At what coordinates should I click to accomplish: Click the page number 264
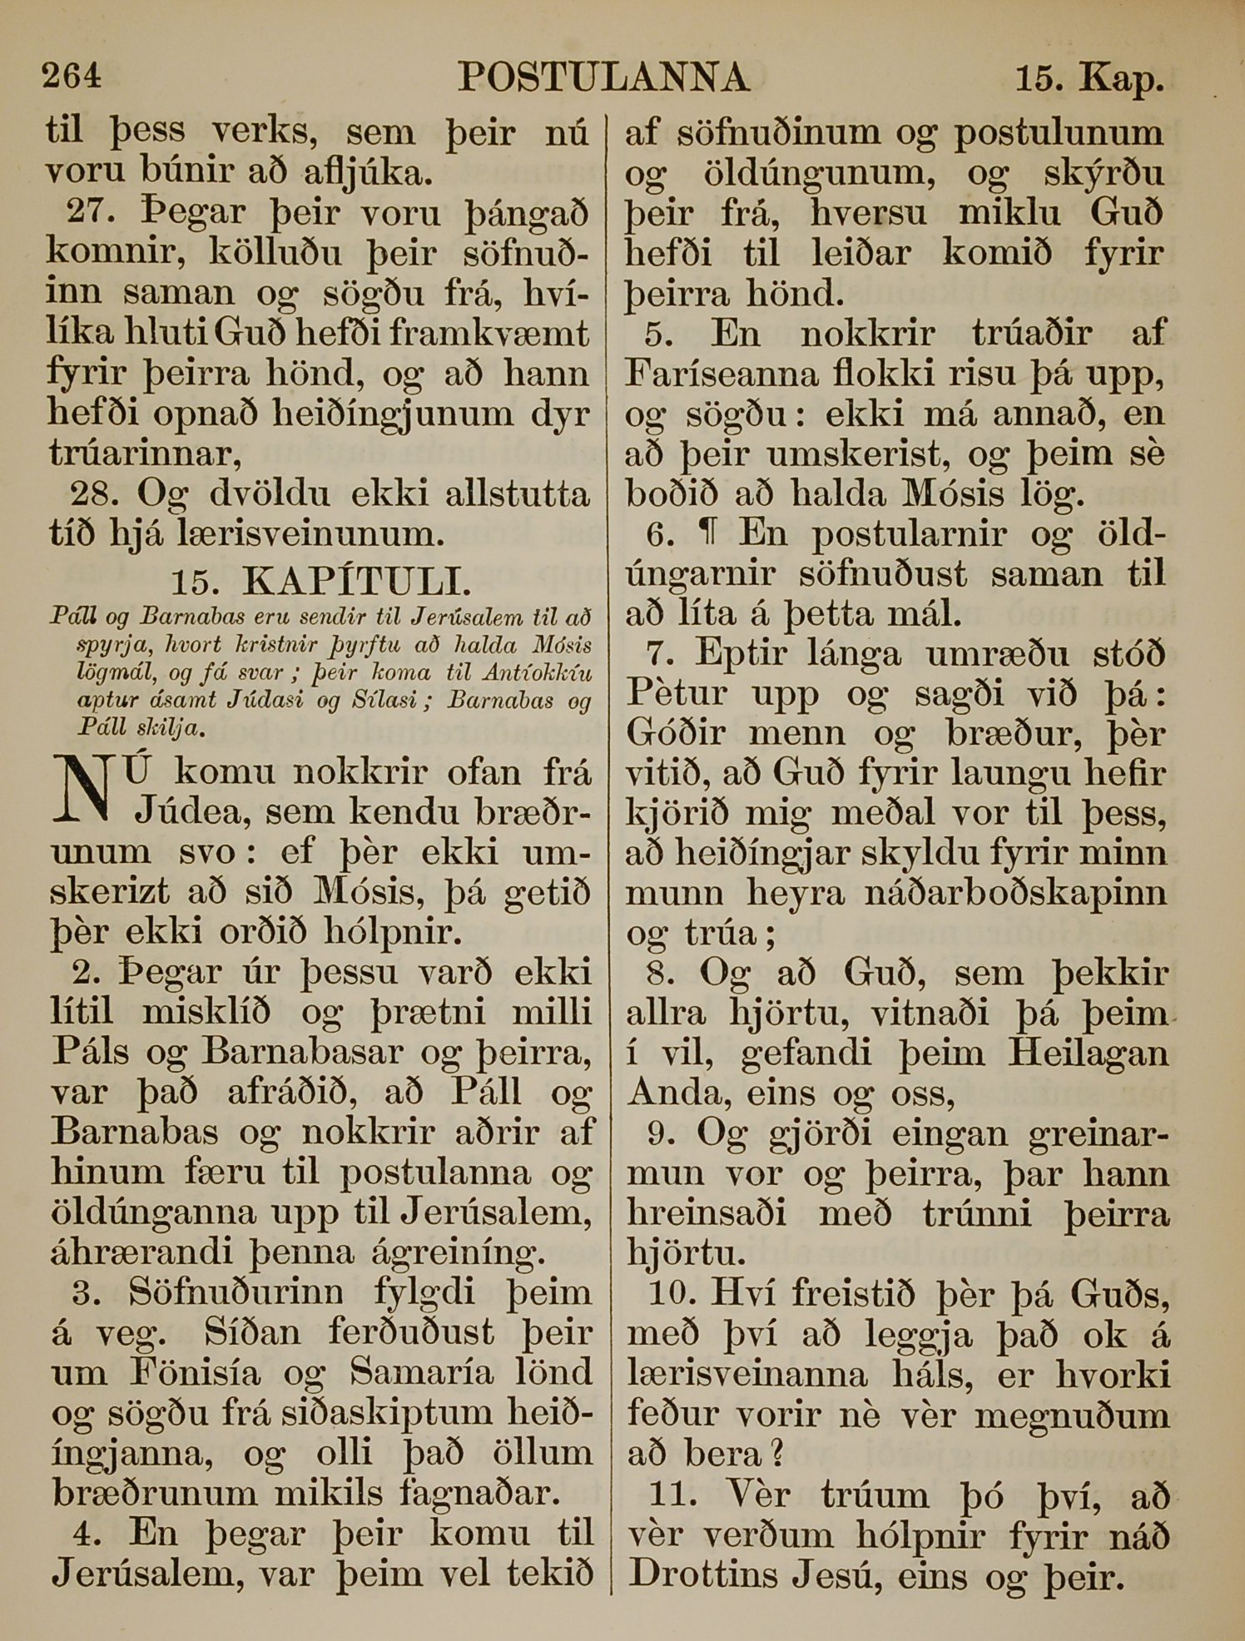(72, 77)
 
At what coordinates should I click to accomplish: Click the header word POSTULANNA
(603, 78)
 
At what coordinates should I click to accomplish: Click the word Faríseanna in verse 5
(722, 374)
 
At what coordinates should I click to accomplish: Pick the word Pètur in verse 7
(677, 694)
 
